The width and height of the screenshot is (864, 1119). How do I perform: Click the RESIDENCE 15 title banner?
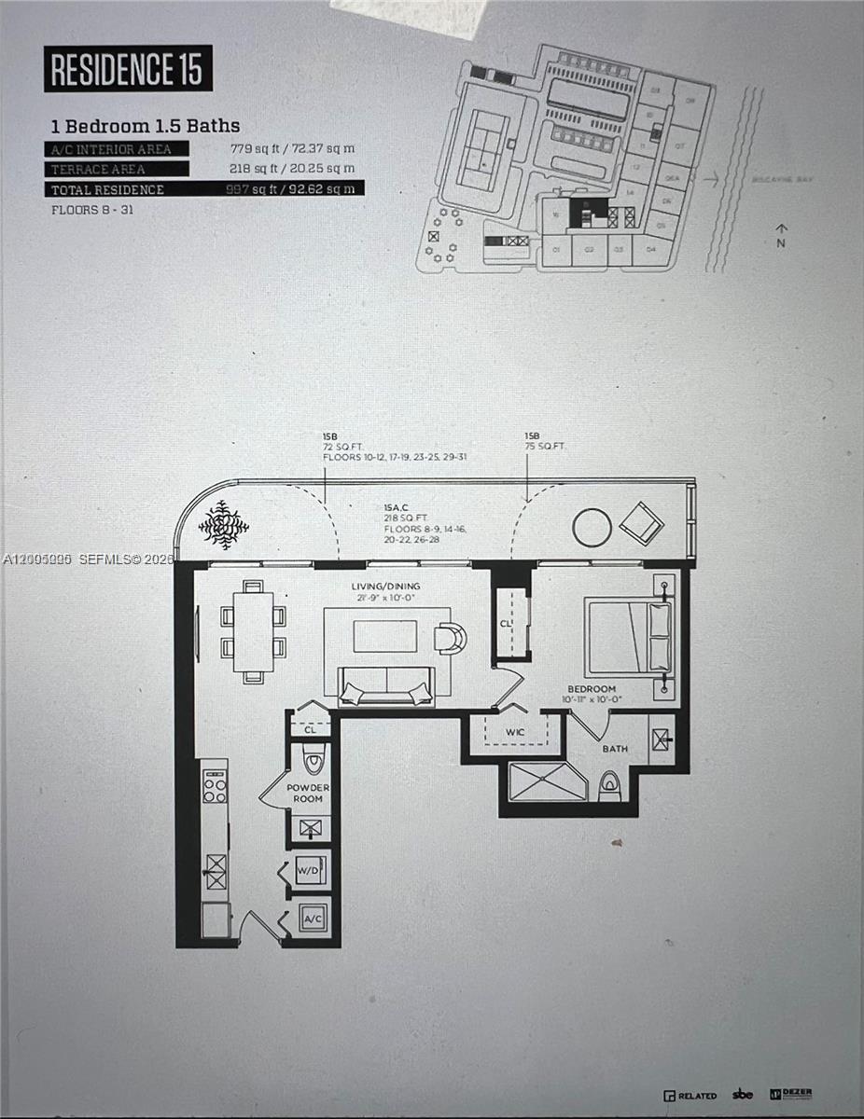coord(128,68)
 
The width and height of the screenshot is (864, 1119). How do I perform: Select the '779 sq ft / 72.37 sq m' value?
coord(292,148)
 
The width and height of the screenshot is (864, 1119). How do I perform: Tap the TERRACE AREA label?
coord(98,169)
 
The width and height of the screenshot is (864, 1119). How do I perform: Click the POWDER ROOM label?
coord(308,793)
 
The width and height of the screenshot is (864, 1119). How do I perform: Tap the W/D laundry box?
coord(309,869)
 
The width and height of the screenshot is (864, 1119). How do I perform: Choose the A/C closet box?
coord(311,919)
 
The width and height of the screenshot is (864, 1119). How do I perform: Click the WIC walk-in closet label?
coord(515,732)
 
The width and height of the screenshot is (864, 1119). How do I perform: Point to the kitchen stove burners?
coord(215,786)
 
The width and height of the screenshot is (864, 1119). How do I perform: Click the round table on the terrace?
coord(592,528)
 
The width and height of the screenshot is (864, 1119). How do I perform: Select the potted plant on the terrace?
coord(224,524)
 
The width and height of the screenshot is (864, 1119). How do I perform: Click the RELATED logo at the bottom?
coord(690,1095)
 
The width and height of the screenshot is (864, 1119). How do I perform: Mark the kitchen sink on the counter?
coord(216,872)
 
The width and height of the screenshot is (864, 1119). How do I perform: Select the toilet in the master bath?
coord(610,786)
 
